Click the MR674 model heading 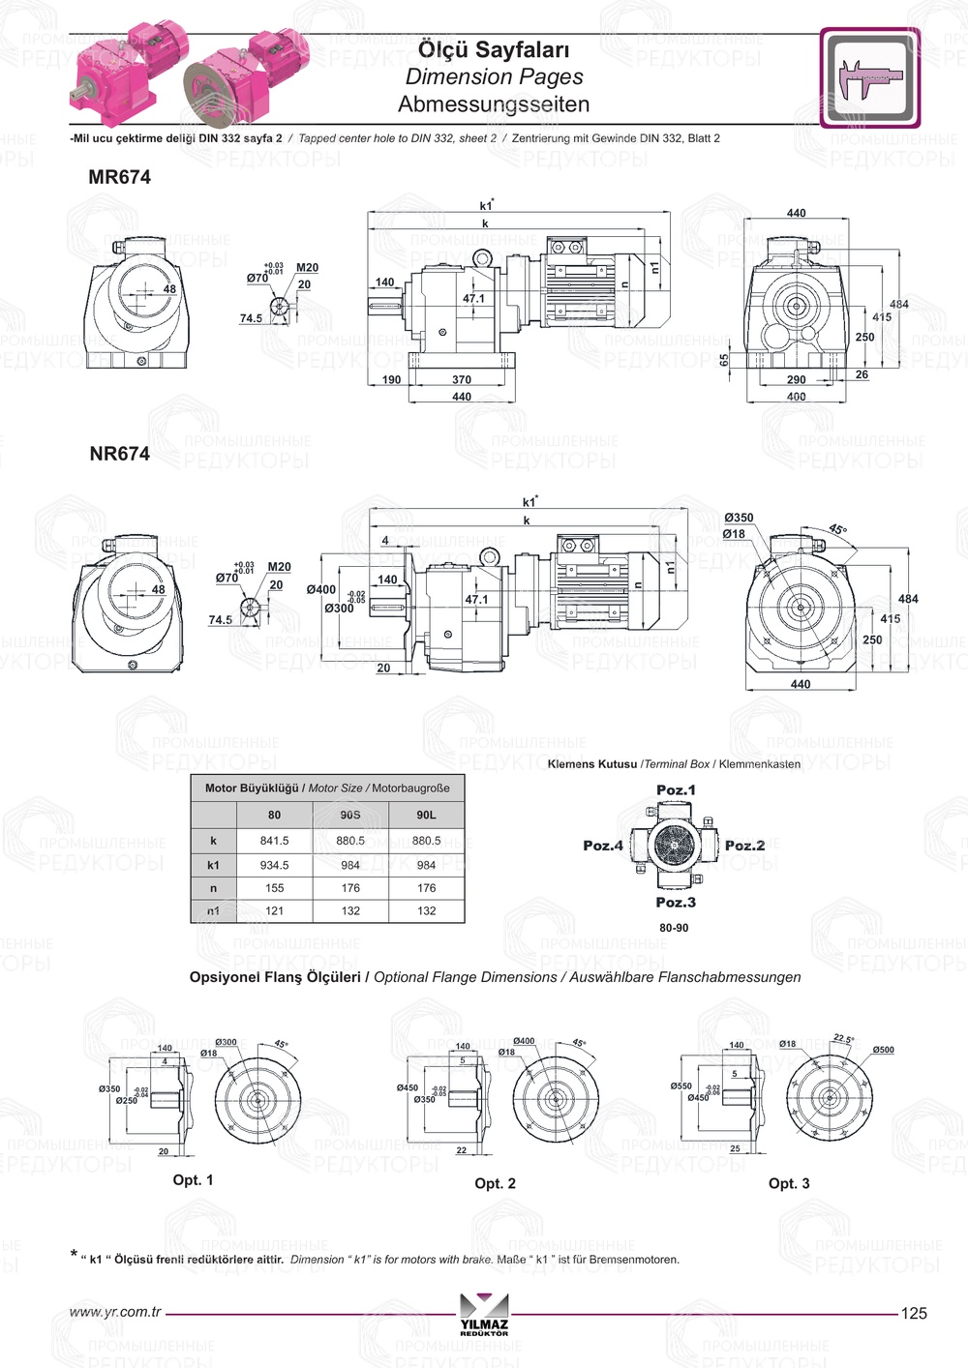click(x=119, y=177)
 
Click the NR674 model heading click(x=119, y=454)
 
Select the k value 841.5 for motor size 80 click(x=274, y=841)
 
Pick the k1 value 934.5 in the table click(x=274, y=865)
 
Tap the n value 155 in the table click(x=274, y=888)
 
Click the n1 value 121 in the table click(x=274, y=911)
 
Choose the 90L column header click(x=426, y=815)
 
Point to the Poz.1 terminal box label click(x=676, y=790)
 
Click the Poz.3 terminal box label click(x=676, y=903)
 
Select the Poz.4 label click(x=603, y=846)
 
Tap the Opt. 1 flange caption click(x=193, y=1180)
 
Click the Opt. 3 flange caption click(x=789, y=1183)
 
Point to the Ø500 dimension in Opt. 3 click(x=883, y=1050)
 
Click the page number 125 click(x=914, y=1314)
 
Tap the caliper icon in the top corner click(x=870, y=78)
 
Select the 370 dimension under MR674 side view click(x=462, y=380)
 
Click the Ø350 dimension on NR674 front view click(x=739, y=519)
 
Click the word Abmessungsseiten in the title click(x=493, y=104)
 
